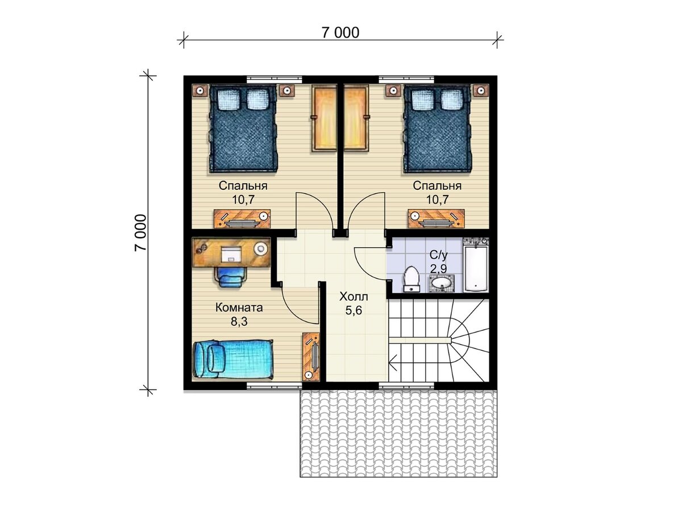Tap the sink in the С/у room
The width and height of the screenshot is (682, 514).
pyautogui.click(x=442, y=283)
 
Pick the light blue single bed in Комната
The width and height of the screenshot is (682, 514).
pyautogui.click(x=233, y=359)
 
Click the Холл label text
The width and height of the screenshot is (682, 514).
pyautogui.click(x=354, y=296)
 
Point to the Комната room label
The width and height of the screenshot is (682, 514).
pyautogui.click(x=239, y=308)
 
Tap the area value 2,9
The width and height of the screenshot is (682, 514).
pyautogui.click(x=438, y=268)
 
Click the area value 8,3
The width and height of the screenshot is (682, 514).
pyautogui.click(x=239, y=322)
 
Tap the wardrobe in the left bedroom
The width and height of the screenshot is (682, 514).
pyautogui.click(x=324, y=119)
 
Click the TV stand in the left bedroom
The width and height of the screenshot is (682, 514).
pyautogui.click(x=242, y=219)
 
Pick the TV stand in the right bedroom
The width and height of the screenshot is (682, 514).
pyautogui.click(x=436, y=219)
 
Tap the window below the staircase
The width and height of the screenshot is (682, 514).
pyautogui.click(x=406, y=386)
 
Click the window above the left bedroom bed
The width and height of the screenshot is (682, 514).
pyautogui.click(x=275, y=79)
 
